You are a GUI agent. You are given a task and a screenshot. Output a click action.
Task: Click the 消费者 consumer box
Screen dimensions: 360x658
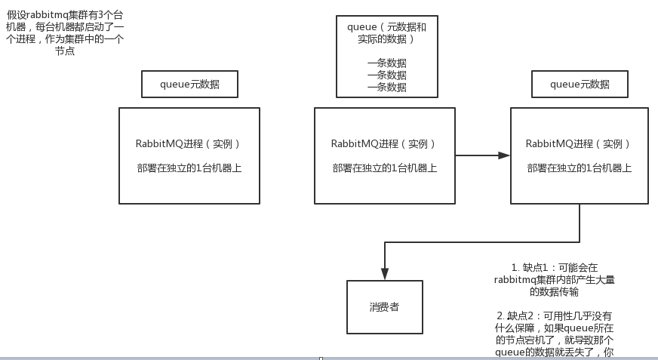point(384,307)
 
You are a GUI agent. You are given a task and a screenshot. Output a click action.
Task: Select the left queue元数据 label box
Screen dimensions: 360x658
point(189,85)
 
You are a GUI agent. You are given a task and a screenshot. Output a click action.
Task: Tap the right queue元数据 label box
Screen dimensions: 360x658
point(580,85)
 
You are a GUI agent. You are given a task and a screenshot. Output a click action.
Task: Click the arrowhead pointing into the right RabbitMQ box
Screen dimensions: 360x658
point(504,155)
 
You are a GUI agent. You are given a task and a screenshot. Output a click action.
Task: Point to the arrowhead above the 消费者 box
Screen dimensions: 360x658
point(385,273)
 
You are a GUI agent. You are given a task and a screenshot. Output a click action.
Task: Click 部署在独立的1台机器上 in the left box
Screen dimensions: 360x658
point(189,168)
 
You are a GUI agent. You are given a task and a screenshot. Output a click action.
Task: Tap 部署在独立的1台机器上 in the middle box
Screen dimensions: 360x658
point(385,168)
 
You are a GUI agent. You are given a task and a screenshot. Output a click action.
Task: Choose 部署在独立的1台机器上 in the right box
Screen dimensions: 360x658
point(580,168)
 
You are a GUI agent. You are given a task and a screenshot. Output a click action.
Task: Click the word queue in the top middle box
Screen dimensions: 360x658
point(361,27)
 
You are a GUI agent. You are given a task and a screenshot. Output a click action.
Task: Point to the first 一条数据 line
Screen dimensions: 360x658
point(386,63)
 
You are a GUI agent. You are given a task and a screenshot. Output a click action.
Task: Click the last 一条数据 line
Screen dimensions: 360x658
point(386,87)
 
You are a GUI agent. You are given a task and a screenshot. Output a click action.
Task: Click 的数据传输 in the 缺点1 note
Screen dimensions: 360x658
point(554,291)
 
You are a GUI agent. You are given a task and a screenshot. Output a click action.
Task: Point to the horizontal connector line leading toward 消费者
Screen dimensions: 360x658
point(483,242)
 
